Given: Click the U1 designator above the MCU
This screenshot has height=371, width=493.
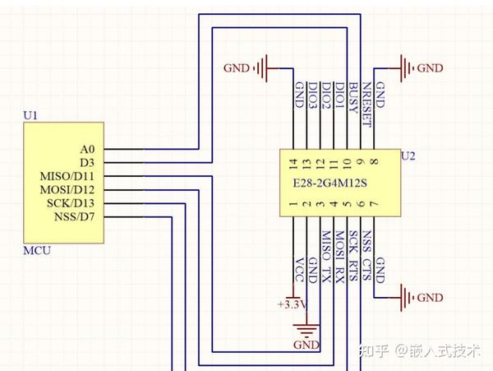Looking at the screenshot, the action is [x=30, y=115].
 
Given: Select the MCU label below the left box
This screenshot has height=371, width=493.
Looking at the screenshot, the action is [x=37, y=251].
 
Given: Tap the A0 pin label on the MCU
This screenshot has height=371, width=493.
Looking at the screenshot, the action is [x=87, y=149].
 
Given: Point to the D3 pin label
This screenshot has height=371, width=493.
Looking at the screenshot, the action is [x=87, y=163].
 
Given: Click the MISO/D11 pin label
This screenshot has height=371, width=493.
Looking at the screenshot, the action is [x=67, y=176].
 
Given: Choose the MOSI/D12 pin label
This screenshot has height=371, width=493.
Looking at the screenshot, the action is [x=67, y=190].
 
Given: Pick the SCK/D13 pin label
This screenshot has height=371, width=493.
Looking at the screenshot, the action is [x=71, y=203].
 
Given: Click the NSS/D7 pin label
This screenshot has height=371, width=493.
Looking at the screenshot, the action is [x=74, y=217].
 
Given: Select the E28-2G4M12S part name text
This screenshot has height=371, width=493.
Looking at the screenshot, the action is [x=329, y=183].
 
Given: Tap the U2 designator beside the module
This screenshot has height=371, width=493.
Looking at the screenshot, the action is [x=408, y=156].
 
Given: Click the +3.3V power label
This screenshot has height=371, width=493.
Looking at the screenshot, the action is [x=292, y=304].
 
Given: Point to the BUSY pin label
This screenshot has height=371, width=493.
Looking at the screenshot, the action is [x=353, y=98].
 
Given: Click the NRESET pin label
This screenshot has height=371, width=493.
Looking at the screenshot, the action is [x=367, y=104].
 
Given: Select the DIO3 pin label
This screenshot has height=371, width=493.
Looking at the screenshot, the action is [x=312, y=95].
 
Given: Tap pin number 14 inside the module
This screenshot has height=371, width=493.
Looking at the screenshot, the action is [x=293, y=164].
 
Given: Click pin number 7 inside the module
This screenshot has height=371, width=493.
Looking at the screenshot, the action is [x=374, y=204].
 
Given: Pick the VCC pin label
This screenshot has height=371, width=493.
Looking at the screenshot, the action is [x=299, y=270].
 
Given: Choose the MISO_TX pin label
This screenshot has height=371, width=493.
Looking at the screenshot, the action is [x=326, y=257].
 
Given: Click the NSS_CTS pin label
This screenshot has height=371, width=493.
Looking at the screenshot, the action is [x=366, y=256].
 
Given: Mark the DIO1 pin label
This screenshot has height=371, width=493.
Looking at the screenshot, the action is [x=339, y=95].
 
